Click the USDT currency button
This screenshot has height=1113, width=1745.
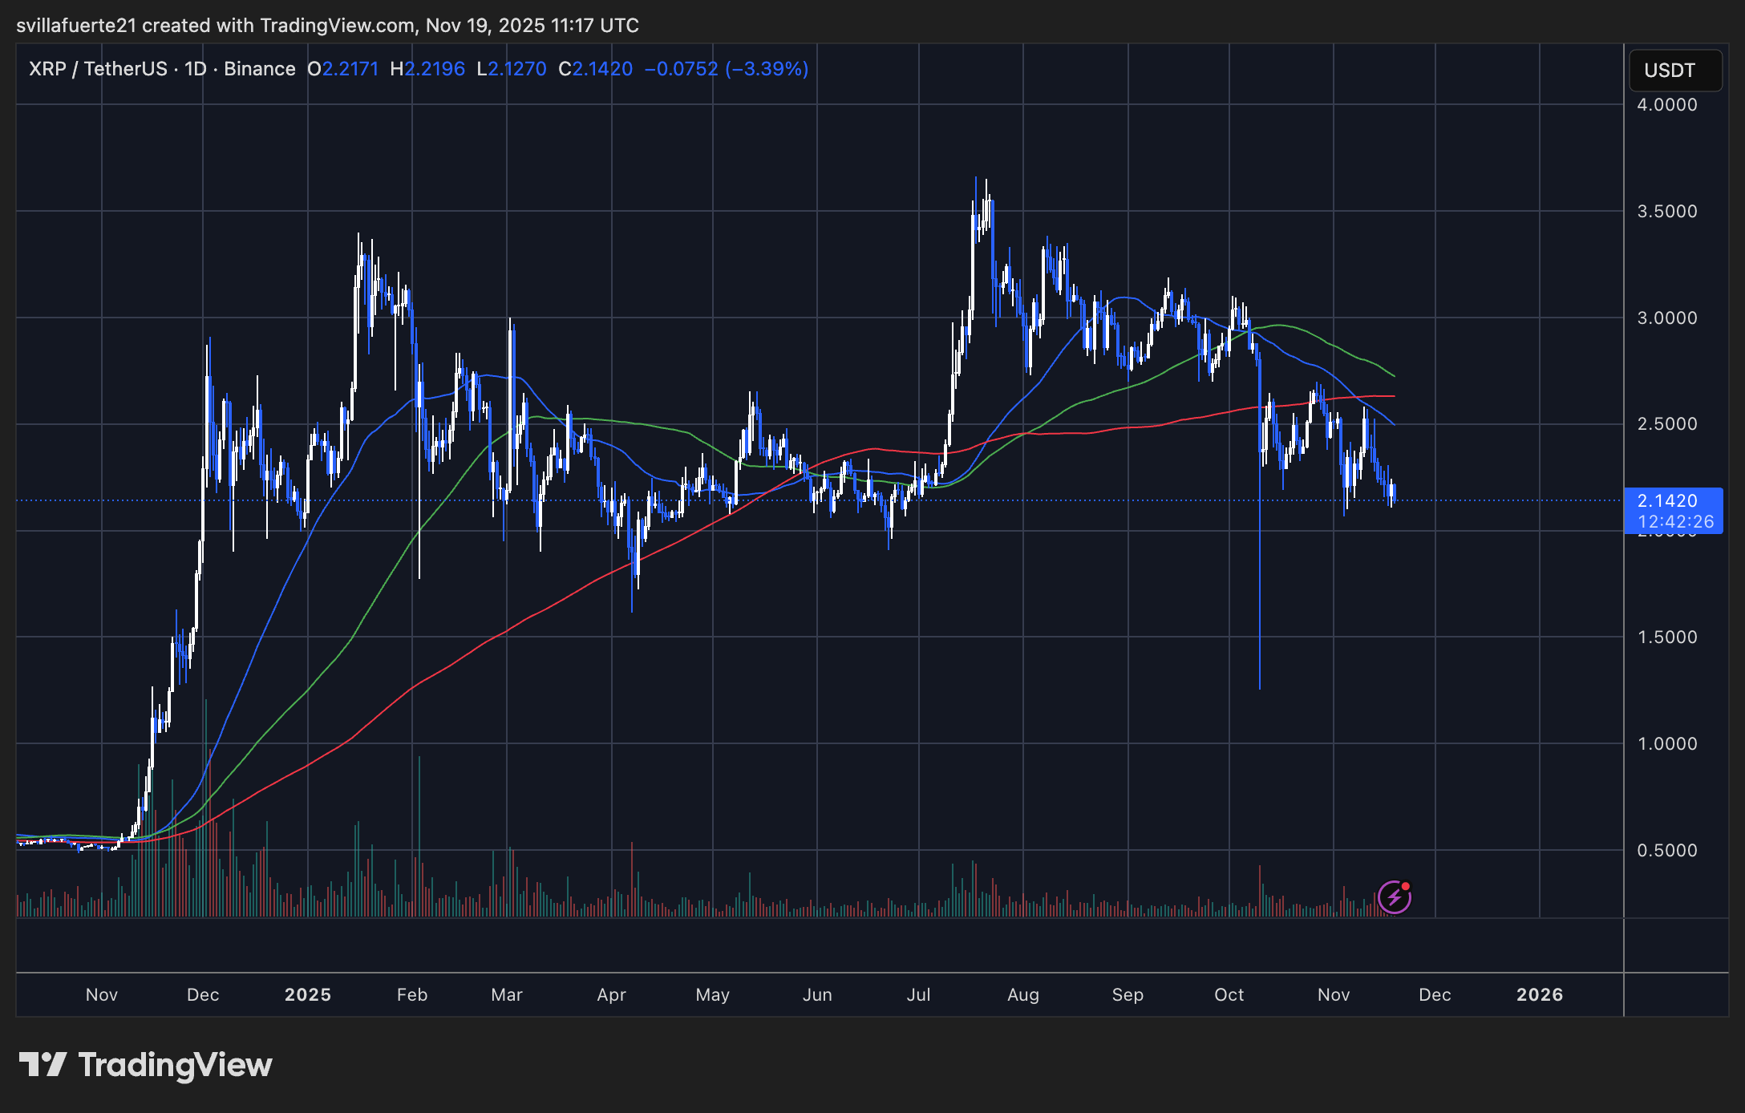click(1674, 71)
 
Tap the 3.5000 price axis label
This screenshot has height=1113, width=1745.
click(1666, 212)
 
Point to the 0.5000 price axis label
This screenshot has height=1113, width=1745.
click(1666, 851)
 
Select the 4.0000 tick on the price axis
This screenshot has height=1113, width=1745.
click(1666, 105)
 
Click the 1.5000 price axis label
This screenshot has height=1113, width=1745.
click(1666, 637)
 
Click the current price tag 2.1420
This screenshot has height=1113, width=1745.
click(1667, 501)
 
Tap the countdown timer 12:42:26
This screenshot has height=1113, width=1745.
click(1675, 522)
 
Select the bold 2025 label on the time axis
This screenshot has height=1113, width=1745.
click(308, 995)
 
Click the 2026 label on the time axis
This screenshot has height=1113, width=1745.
click(1540, 995)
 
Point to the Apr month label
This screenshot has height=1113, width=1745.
click(611, 995)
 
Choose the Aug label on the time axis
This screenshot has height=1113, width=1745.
click(1023, 995)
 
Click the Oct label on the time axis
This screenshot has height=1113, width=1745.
click(1229, 995)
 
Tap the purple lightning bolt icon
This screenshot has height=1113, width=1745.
click(1395, 897)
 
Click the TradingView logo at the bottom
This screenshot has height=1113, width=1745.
click(146, 1066)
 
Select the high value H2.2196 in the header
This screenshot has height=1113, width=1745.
click(427, 69)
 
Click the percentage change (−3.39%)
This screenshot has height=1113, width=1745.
click(767, 69)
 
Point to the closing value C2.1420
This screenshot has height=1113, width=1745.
click(596, 69)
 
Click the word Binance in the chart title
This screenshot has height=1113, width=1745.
click(259, 69)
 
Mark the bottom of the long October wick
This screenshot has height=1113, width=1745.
click(1260, 687)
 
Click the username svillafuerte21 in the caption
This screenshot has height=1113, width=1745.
click(76, 26)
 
